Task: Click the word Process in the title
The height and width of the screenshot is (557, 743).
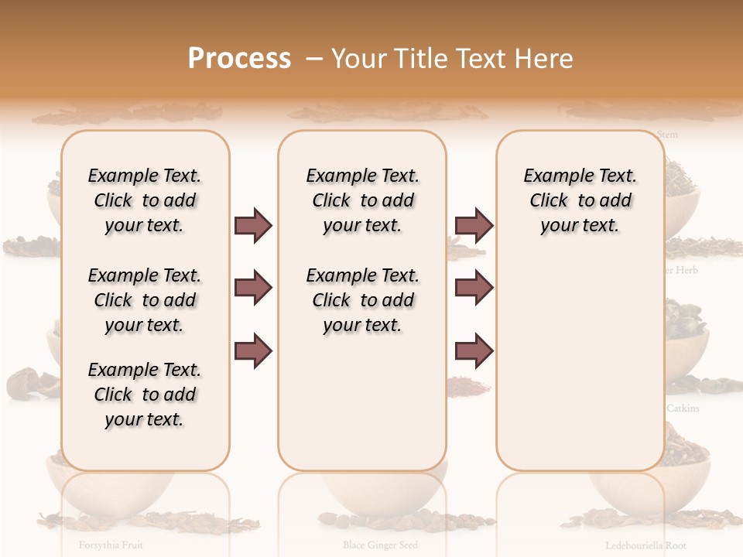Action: click(x=239, y=58)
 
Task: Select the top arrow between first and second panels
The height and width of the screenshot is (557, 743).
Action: click(x=253, y=226)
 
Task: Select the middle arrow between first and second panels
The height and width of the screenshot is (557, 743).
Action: click(x=253, y=289)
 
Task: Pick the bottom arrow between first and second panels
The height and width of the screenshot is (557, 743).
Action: click(x=253, y=351)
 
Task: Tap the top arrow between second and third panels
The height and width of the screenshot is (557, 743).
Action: click(x=474, y=226)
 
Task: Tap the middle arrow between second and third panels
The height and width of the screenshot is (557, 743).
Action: click(x=474, y=289)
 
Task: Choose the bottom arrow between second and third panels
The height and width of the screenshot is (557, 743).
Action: click(x=474, y=351)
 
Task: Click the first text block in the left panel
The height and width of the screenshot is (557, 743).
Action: click(x=145, y=200)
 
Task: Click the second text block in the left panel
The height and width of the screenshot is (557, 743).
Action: click(x=145, y=300)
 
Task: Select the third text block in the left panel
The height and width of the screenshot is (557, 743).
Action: click(x=145, y=395)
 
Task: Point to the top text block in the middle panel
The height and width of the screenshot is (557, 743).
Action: click(x=362, y=200)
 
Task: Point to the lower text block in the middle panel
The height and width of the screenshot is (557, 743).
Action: click(x=362, y=300)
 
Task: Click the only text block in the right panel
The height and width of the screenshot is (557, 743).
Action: click(x=580, y=200)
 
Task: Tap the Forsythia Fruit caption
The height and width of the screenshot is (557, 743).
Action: click(x=111, y=545)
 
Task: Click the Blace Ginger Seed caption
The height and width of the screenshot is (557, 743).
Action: click(x=380, y=545)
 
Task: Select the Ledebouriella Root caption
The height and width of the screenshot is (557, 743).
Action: click(x=645, y=545)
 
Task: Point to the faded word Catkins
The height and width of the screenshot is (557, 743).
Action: click(x=683, y=408)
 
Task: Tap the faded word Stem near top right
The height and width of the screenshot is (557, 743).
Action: click(x=667, y=135)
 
